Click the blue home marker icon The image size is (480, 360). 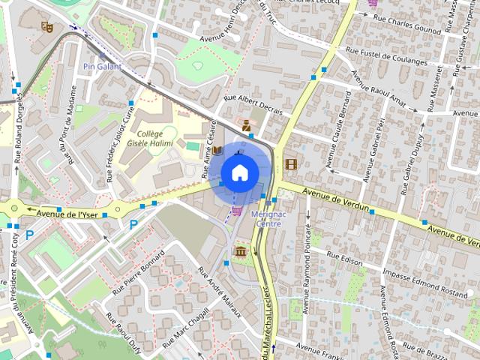click(x=239, y=172)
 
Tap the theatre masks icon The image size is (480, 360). click(x=46, y=26)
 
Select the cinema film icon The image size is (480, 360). click(x=290, y=163)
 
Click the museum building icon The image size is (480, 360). click(x=241, y=251)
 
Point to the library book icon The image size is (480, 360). click(x=217, y=151)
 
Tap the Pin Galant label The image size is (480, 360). click(x=103, y=66)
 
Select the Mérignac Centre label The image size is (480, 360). click(x=268, y=219)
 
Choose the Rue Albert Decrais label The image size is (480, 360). click(x=253, y=103)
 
